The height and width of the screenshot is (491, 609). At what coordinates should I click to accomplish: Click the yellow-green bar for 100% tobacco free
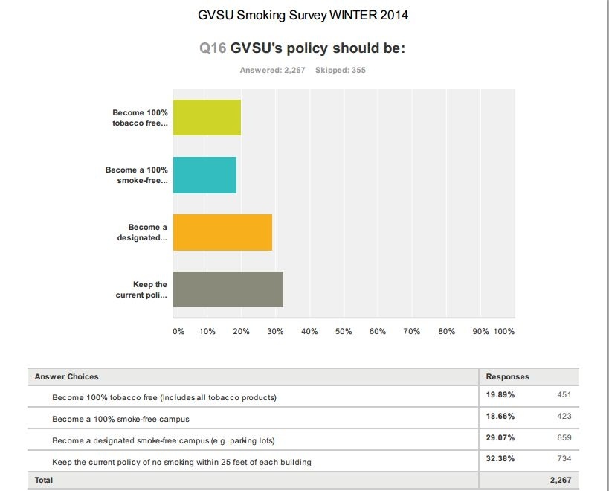click(x=207, y=118)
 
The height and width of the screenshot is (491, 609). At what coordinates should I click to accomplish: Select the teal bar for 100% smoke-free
click(x=204, y=175)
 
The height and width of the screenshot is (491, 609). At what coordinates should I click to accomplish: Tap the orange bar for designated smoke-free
click(x=222, y=232)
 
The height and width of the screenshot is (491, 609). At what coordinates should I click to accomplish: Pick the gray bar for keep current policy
click(x=228, y=289)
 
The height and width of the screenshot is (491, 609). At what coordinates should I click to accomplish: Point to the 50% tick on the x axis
click(x=344, y=331)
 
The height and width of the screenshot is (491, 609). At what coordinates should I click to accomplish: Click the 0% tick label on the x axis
click(x=178, y=331)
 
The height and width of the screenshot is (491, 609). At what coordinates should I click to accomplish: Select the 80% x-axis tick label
click(x=446, y=331)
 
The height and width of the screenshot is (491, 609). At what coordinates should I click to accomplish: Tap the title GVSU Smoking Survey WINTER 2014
click(x=303, y=15)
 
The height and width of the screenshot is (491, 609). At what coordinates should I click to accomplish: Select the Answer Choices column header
click(x=66, y=376)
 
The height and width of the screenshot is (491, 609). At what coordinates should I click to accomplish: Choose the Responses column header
click(x=507, y=376)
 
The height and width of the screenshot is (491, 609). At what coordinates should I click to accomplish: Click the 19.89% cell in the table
click(x=500, y=395)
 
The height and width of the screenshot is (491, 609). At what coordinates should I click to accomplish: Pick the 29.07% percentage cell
click(x=500, y=438)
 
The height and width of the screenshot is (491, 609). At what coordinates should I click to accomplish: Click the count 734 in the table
click(x=564, y=459)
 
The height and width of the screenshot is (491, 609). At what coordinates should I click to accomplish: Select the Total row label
click(x=44, y=481)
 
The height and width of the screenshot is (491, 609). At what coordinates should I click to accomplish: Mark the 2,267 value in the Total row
click(x=560, y=481)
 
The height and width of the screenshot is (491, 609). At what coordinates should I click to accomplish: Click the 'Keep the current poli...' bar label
click(x=141, y=289)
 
